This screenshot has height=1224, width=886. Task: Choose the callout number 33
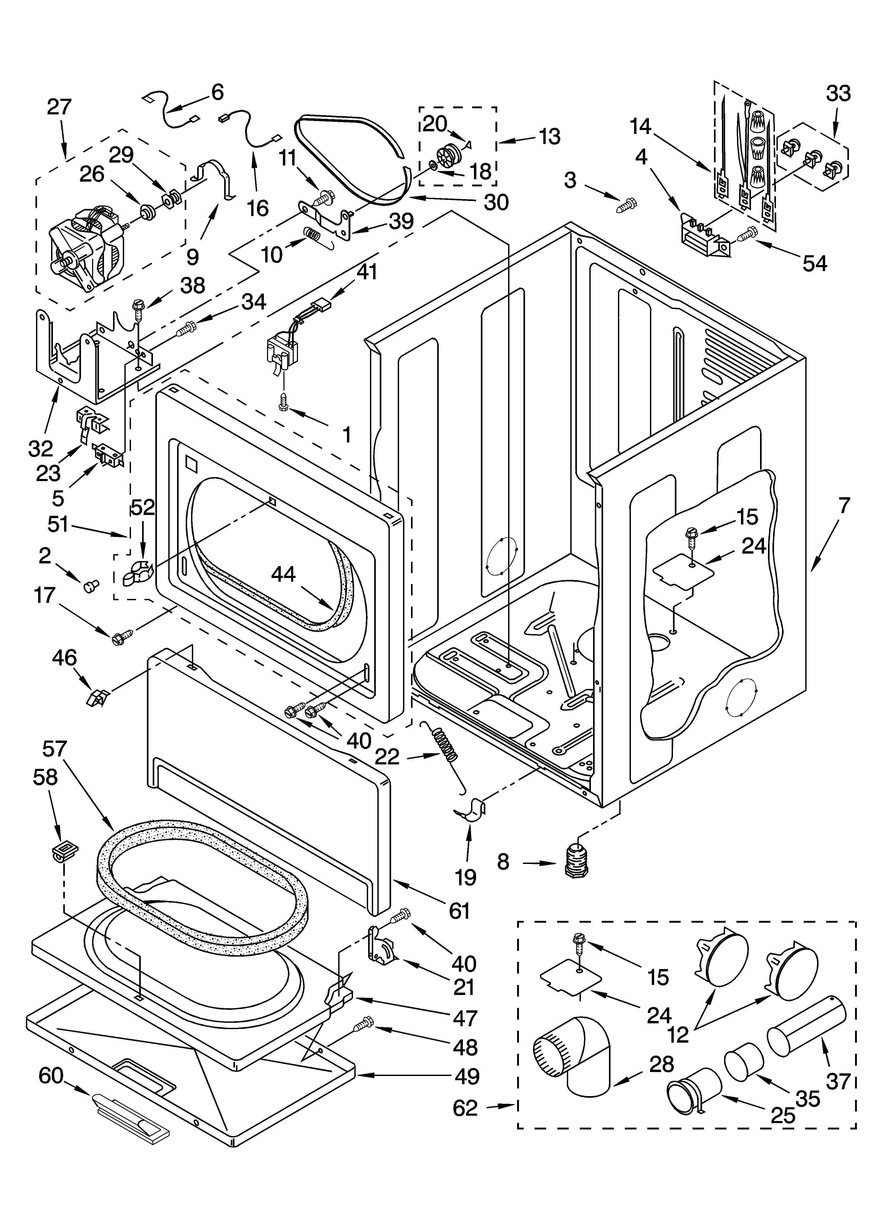click(x=838, y=93)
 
